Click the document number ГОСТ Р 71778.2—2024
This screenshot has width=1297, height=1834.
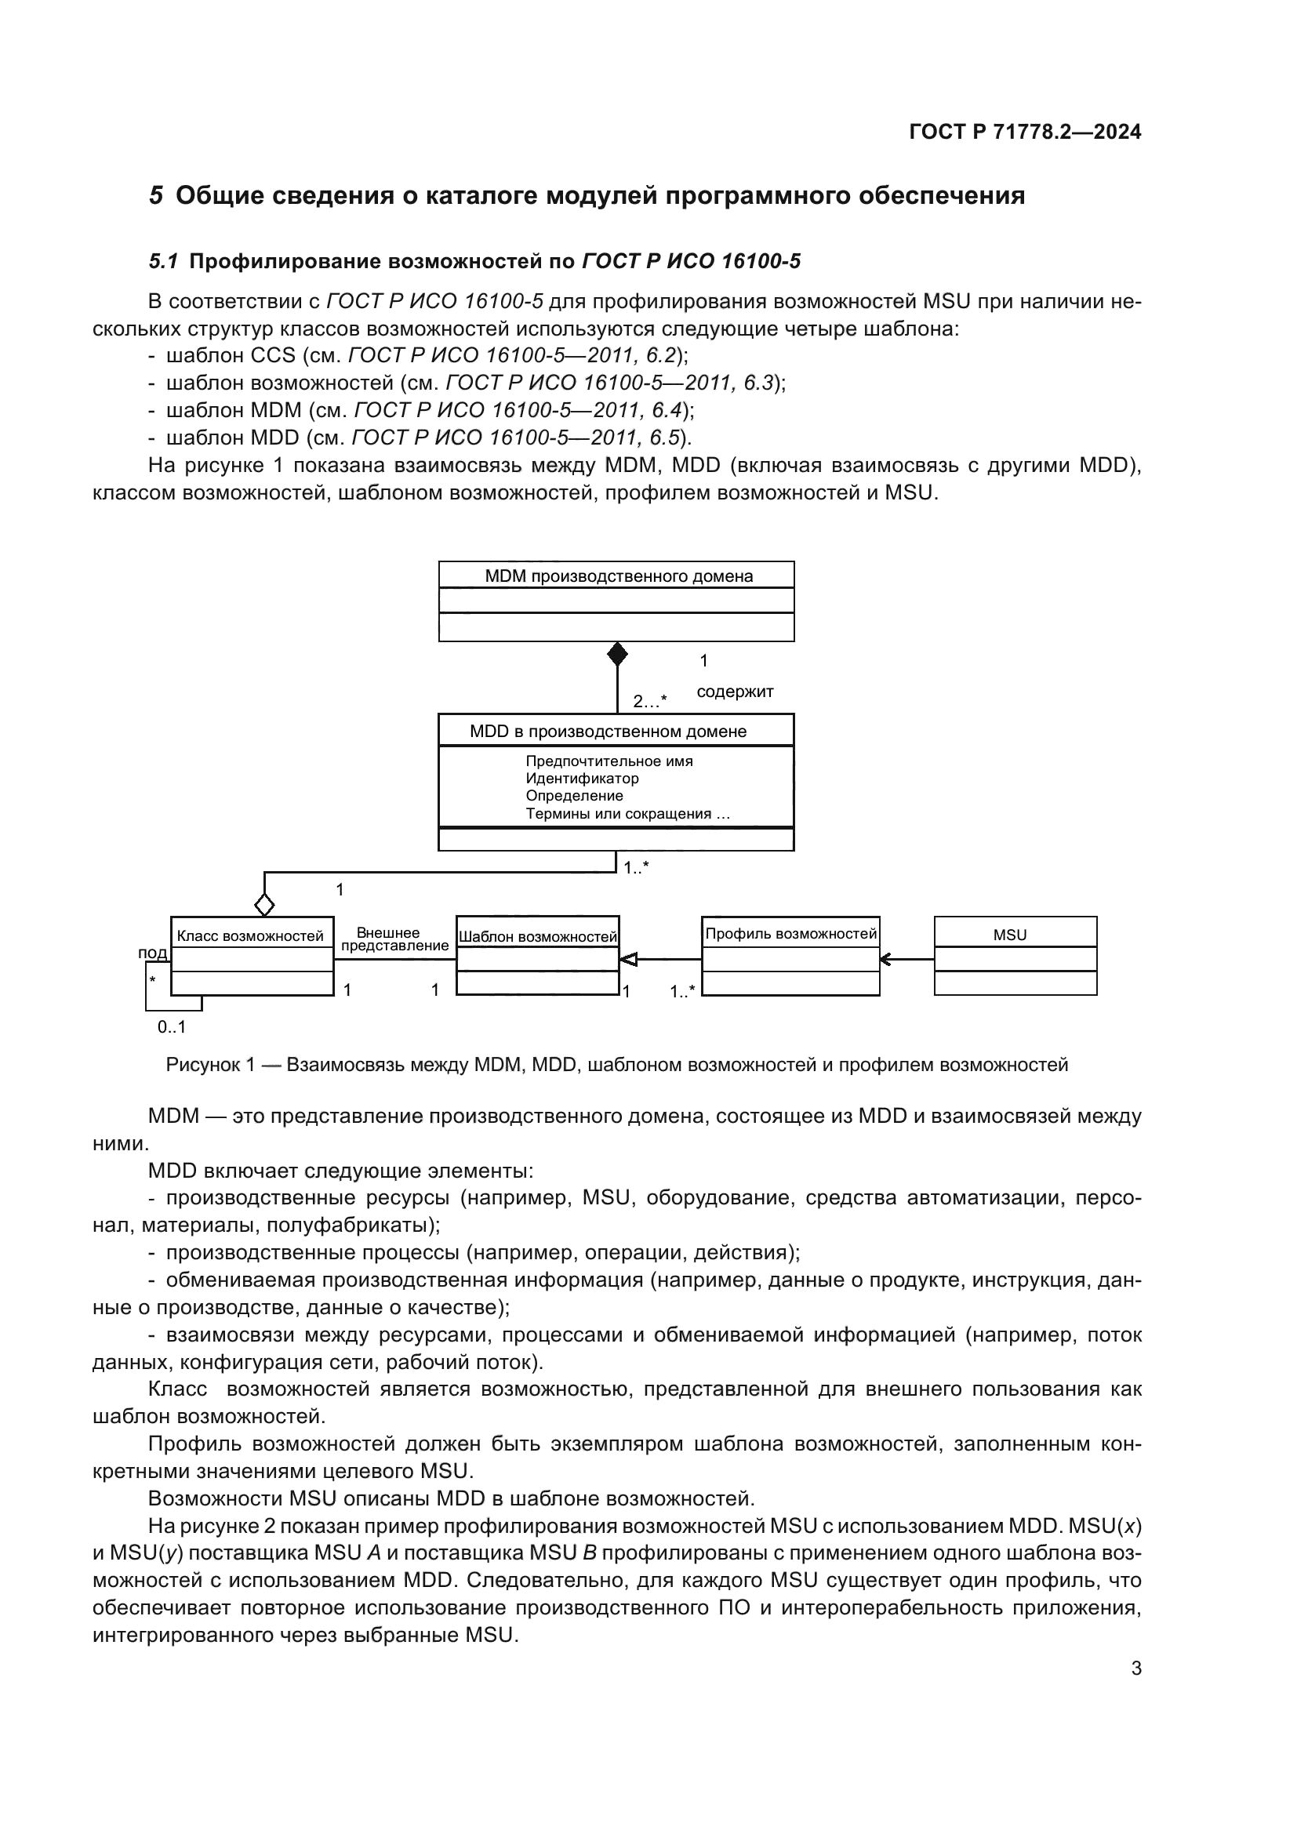click(1025, 132)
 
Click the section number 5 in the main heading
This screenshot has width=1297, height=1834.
click(157, 196)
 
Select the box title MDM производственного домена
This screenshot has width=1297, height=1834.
click(618, 576)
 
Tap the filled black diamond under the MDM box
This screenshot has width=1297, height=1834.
click(617, 654)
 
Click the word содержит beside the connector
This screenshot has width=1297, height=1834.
click(735, 692)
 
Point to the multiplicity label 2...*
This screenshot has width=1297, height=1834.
click(649, 701)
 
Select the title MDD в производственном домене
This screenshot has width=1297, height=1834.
click(608, 731)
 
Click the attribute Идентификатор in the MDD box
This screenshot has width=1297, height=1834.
click(581, 778)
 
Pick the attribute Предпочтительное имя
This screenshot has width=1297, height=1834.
click(609, 761)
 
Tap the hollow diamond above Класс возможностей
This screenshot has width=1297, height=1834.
click(264, 905)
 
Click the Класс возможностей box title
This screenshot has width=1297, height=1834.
click(250, 935)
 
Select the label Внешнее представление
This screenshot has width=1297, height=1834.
click(394, 939)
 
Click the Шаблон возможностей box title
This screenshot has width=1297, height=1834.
click(537, 936)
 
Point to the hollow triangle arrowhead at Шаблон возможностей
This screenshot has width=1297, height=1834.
click(629, 959)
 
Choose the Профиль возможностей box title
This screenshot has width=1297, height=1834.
click(790, 933)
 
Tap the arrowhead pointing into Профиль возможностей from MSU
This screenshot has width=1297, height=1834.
click(885, 959)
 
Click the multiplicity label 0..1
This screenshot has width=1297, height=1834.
click(171, 1027)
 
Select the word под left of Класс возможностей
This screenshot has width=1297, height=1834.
click(153, 952)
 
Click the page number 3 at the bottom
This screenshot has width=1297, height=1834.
click(1135, 1669)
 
